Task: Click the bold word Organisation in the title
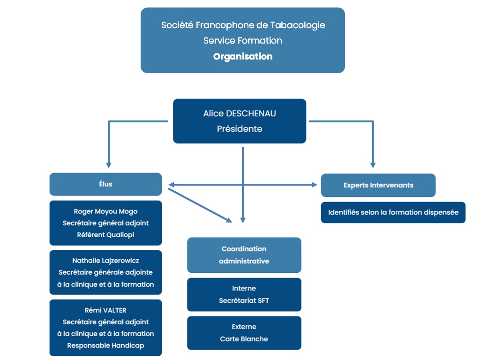point(242,57)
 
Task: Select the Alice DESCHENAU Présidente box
point(240,121)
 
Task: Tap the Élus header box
point(105,184)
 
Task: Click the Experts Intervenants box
point(378,185)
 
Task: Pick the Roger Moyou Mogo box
point(105,223)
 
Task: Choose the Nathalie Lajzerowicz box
point(105,272)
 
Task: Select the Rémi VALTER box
point(105,328)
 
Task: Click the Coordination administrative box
point(244,255)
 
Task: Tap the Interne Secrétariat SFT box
point(244,294)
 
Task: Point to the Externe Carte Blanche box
point(244,333)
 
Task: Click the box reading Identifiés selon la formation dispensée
point(393,212)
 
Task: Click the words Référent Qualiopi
point(105,235)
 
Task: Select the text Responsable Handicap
point(105,345)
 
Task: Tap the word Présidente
point(240,128)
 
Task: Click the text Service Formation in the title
point(242,41)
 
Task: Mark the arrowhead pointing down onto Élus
point(109,165)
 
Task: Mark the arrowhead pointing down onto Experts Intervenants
point(373,165)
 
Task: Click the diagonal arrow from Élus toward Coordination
point(199,205)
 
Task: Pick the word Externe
point(244,327)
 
